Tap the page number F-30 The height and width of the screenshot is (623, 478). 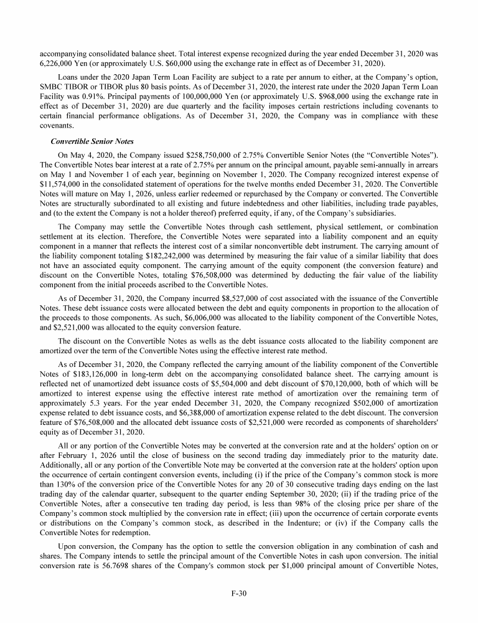coord(239,594)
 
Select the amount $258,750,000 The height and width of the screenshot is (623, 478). coord(197,154)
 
